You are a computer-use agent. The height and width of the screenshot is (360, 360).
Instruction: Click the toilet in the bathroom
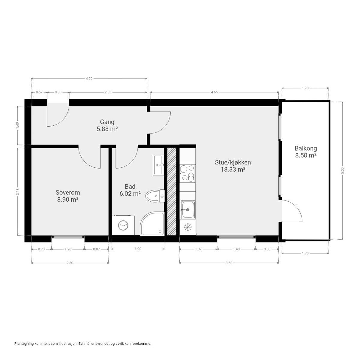154,196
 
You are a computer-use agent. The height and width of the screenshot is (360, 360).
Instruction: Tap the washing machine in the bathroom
122,225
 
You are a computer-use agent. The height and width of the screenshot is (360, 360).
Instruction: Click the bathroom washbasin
158,164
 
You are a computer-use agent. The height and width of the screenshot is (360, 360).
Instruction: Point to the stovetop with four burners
187,173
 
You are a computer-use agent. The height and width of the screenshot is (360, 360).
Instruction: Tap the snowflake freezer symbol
188,227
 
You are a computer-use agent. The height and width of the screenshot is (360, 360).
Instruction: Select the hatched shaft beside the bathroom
172,191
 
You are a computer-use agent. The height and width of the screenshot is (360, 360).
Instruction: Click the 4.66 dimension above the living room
214,92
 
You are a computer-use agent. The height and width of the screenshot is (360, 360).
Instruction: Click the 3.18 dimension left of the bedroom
18,192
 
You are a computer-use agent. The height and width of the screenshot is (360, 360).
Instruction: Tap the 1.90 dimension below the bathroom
138,249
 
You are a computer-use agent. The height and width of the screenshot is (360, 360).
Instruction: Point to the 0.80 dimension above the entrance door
58,92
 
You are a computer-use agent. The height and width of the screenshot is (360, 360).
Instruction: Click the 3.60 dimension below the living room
229,263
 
